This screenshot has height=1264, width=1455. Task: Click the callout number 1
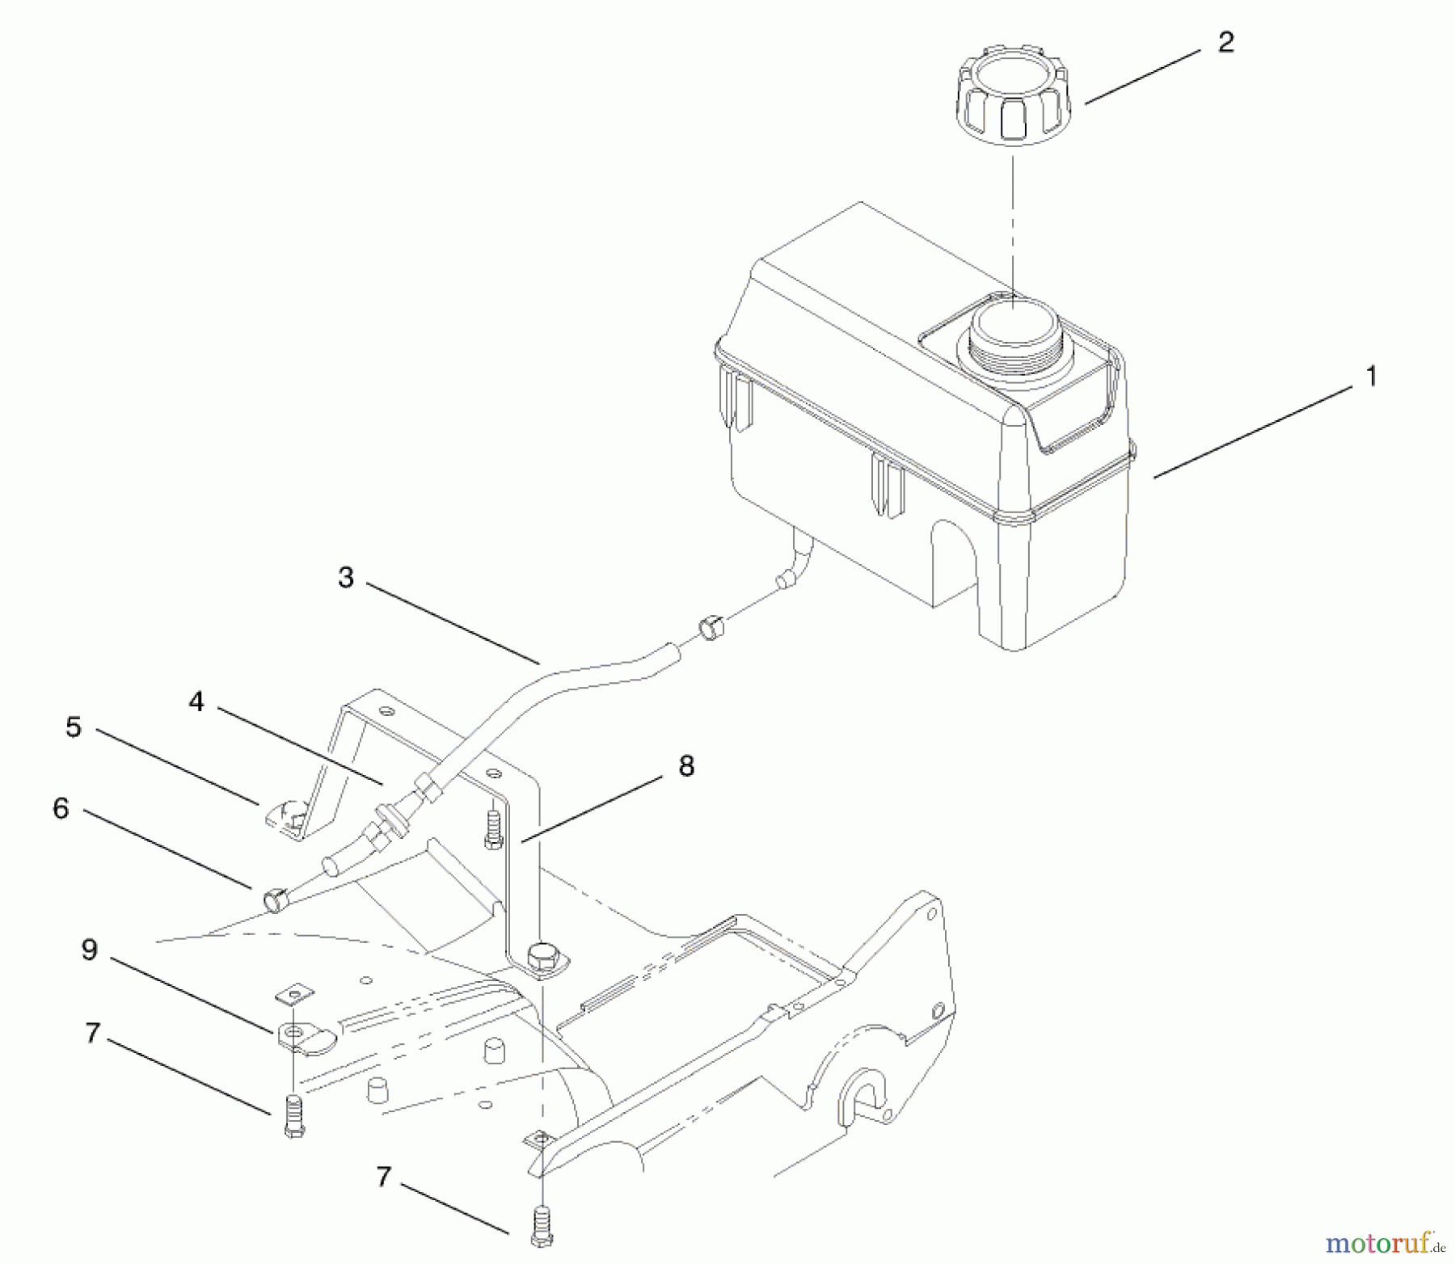click(1371, 377)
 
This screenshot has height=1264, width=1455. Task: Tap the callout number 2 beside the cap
click(1225, 43)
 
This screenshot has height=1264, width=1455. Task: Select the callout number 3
click(346, 578)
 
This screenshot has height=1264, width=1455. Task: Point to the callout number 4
click(196, 702)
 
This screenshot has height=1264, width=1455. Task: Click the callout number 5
click(74, 727)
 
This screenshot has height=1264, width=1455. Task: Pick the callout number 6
click(61, 808)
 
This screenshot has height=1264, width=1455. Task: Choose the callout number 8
click(686, 766)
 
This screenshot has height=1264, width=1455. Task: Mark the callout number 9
click(89, 950)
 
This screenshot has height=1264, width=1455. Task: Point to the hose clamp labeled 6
click(275, 898)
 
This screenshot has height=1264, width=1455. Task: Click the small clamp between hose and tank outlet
click(710, 628)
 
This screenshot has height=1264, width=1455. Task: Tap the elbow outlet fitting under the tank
click(795, 563)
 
